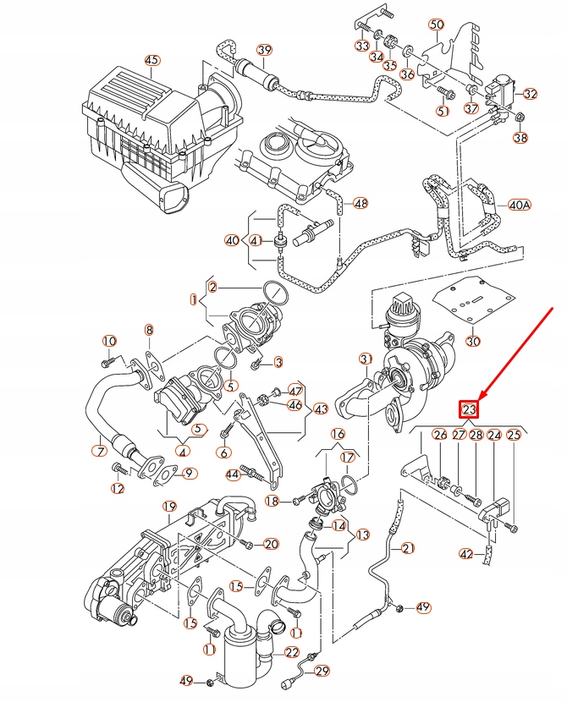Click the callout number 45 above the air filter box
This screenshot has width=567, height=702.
tap(151, 60)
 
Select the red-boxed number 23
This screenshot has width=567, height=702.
tap(471, 410)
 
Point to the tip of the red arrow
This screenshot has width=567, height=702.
tap(479, 398)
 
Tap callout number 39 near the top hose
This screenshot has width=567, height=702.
tap(264, 51)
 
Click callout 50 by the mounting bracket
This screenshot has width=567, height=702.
tap(436, 25)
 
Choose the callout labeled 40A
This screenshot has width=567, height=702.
tap(520, 206)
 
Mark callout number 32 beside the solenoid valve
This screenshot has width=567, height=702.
tap(531, 93)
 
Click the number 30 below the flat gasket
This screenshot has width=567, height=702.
tap(473, 342)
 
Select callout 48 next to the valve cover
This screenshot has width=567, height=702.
tap(361, 203)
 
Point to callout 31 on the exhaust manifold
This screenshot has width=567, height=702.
tap(366, 359)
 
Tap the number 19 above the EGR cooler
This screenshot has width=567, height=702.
tap(169, 507)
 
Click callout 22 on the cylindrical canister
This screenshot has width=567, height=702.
tap(292, 652)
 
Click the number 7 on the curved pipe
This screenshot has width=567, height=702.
tap(100, 451)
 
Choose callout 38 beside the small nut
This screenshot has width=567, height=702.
tap(520, 138)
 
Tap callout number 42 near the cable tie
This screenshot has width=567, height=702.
tap(466, 554)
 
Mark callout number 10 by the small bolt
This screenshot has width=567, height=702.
tap(108, 341)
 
